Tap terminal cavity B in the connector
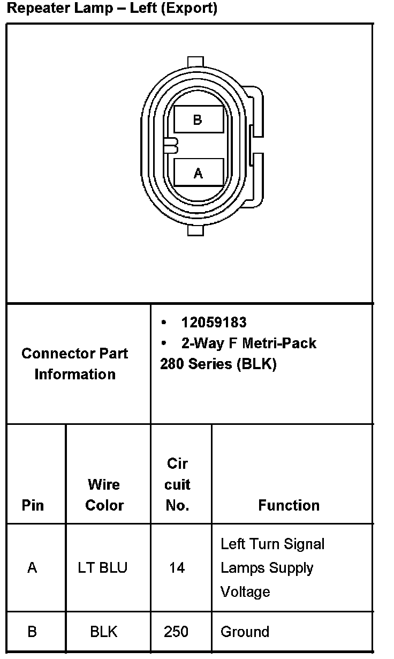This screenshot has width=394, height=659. pyautogui.click(x=199, y=119)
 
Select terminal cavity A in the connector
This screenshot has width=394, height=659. pyautogui.click(x=199, y=173)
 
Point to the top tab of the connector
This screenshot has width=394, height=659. pyautogui.click(x=196, y=62)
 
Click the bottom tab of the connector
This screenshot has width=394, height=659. pyautogui.click(x=196, y=230)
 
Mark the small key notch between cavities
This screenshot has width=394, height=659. pyautogui.click(x=171, y=145)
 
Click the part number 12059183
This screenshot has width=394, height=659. pyautogui.click(x=214, y=323)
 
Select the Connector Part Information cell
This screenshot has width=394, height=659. pyautogui.click(x=75, y=363)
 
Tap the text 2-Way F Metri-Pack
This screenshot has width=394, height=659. pyautogui.click(x=248, y=343)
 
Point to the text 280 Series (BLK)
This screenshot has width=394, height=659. pyautogui.click(x=218, y=364)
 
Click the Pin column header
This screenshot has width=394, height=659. pyautogui.click(x=33, y=505)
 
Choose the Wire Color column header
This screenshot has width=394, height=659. pyautogui.click(x=104, y=495)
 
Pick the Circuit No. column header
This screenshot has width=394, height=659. pyautogui.click(x=177, y=484)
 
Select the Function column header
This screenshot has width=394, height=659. pyautogui.click(x=289, y=505)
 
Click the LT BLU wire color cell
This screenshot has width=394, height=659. pyautogui.click(x=103, y=567)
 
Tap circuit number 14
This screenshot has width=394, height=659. pyautogui.click(x=177, y=567)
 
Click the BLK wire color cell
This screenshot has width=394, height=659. pyautogui.click(x=103, y=632)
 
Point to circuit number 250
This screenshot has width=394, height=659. pyautogui.click(x=176, y=632)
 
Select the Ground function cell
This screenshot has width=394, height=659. pyautogui.click(x=245, y=632)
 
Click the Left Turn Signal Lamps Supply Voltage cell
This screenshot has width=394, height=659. pyautogui.click(x=272, y=567)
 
